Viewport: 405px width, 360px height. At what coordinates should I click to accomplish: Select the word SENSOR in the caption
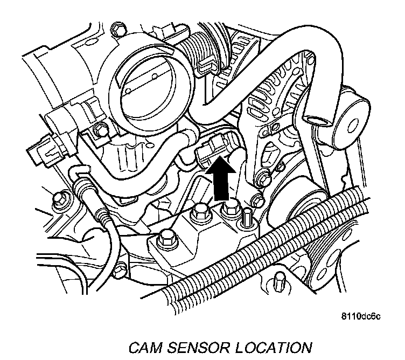coord(198,345)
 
